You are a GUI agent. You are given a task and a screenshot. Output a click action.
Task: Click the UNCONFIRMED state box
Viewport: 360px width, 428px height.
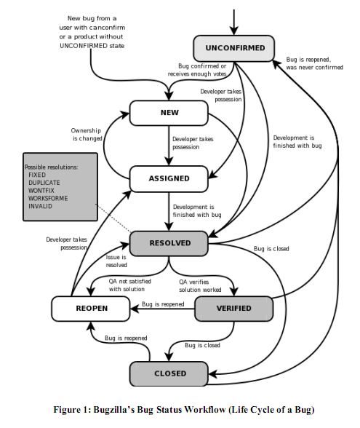pyautogui.click(x=239, y=49)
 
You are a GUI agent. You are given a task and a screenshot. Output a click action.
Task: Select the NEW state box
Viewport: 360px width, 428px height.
pyautogui.click(x=169, y=113)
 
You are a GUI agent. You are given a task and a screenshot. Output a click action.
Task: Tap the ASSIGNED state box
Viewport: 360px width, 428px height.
pyautogui.click(x=169, y=178)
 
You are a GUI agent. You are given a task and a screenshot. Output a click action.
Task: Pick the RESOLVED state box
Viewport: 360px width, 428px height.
pyautogui.click(x=169, y=243)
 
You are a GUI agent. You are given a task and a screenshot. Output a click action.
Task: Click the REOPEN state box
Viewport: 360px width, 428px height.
pyautogui.click(x=91, y=308)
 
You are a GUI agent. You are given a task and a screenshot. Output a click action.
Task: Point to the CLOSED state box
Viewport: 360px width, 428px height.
pyautogui.click(x=169, y=373)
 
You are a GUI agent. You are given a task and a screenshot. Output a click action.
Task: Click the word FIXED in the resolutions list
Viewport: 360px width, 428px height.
pyautogui.click(x=37, y=175)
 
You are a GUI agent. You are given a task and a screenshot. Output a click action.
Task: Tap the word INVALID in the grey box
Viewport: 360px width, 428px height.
pyautogui.click(x=40, y=205)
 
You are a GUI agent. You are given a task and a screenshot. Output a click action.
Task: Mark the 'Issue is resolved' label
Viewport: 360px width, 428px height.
pyautogui.click(x=116, y=261)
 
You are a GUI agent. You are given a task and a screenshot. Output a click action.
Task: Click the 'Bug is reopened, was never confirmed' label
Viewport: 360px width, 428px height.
pyautogui.click(x=314, y=63)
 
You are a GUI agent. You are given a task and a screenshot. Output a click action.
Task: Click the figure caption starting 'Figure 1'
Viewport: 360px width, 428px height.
pyautogui.click(x=180, y=411)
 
